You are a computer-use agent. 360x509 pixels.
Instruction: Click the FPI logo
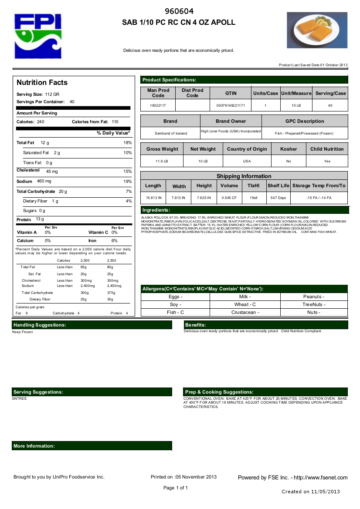(38, 36)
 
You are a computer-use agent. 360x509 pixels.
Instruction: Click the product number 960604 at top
(179, 11)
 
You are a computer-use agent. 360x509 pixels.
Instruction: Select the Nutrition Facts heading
(42, 83)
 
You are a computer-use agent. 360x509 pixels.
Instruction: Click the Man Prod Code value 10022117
(158, 106)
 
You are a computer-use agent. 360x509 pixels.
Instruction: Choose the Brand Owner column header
(231, 121)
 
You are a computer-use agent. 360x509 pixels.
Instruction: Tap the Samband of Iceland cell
(170, 133)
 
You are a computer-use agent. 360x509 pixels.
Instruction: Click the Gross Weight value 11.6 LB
(162, 161)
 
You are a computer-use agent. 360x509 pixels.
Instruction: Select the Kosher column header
(289, 149)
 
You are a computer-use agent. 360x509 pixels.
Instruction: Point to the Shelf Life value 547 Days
(278, 198)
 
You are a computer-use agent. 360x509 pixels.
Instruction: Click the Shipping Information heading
(244, 176)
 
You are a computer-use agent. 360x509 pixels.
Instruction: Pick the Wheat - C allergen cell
(245, 304)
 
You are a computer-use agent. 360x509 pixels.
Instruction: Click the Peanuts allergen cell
(313, 297)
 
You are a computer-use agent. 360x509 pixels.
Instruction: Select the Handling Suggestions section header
(40, 325)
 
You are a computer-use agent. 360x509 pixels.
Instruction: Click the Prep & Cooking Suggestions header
(219, 392)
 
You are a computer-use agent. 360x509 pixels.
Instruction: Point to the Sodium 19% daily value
(127, 181)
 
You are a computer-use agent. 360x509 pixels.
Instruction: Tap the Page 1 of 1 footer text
(176, 488)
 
